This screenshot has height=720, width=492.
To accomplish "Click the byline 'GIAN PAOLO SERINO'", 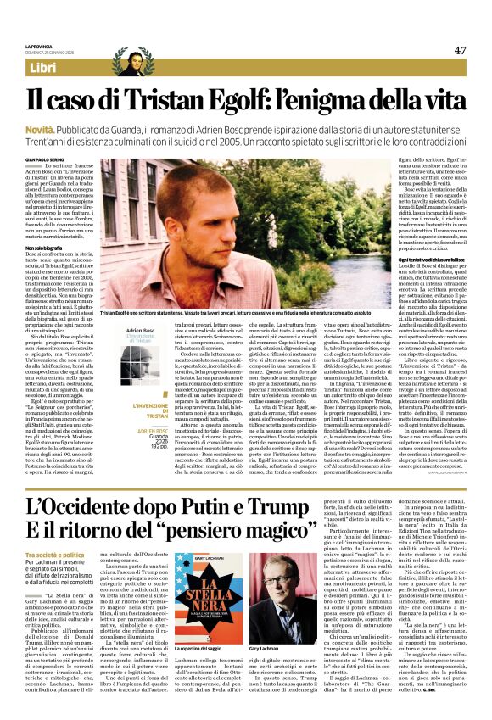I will pyautogui.click(x=44, y=159).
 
